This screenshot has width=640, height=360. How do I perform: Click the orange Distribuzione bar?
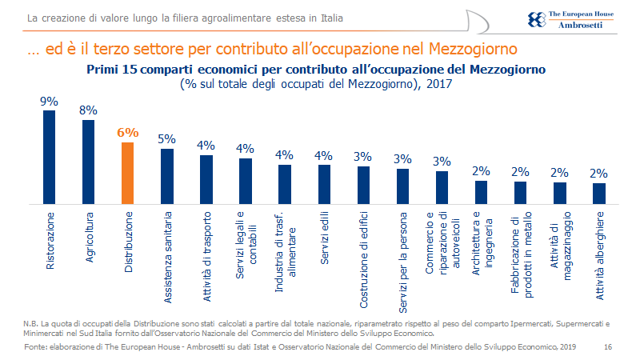point(127,172)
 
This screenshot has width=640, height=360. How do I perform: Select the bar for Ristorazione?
point(50,156)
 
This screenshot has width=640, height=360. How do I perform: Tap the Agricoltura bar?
point(88,161)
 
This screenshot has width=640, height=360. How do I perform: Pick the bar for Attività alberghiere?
point(598,193)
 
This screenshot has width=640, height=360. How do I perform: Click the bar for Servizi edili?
point(324,183)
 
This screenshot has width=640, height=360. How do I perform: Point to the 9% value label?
point(50,102)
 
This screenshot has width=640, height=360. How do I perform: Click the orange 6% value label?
point(127,133)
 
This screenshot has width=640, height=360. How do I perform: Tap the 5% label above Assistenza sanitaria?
point(166,139)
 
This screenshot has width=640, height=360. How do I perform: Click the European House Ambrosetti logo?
point(569,19)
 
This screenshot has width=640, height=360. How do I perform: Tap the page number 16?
point(607,346)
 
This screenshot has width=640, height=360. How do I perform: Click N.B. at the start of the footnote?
point(31,322)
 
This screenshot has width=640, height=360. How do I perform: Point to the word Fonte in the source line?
point(35,346)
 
